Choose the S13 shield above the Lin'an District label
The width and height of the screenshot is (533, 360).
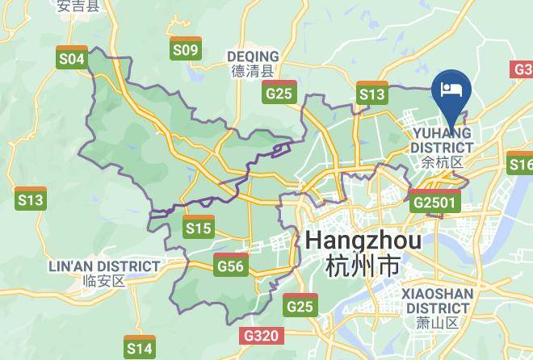point(30,198)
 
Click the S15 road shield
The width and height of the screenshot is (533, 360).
point(198,227)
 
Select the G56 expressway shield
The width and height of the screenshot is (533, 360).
point(231,264)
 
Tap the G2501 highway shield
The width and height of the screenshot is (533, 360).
point(434,201)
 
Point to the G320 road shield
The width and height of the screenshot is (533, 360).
point(261,335)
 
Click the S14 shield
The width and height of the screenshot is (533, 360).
point(139,346)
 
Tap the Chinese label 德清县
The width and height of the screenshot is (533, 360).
point(254,71)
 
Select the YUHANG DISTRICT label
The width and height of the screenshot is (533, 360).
point(441,140)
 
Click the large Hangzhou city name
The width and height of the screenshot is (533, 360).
point(363,241)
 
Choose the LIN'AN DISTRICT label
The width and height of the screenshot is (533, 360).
point(104,266)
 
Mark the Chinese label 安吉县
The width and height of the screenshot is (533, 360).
point(78,6)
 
